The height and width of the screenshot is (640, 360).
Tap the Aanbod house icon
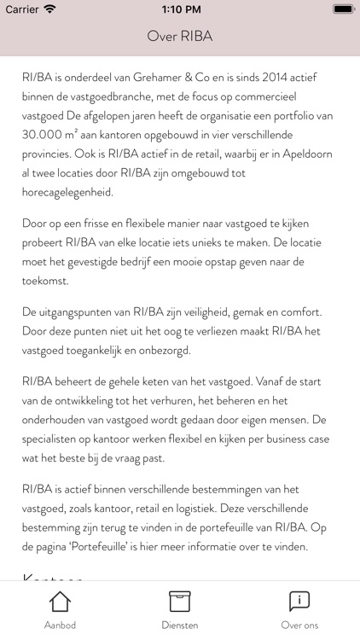click(60, 602)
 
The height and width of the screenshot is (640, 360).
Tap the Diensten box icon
click(179, 602)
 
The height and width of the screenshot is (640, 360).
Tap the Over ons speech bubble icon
click(299, 602)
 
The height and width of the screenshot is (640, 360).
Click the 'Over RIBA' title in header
click(180, 37)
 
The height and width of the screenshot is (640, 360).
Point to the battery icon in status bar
click(341, 9)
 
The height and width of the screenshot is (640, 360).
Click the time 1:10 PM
click(180, 9)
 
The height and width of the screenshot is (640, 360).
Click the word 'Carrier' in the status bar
click(22, 9)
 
